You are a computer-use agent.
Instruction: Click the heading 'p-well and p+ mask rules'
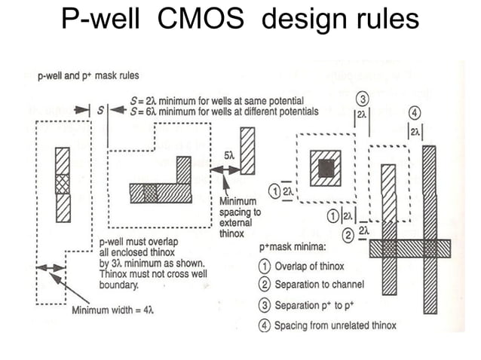87,75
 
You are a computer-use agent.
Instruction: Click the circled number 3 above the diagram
362,100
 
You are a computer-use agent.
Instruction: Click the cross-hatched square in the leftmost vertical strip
62,184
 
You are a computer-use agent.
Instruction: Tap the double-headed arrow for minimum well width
51,267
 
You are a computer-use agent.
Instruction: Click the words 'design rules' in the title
339,20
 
